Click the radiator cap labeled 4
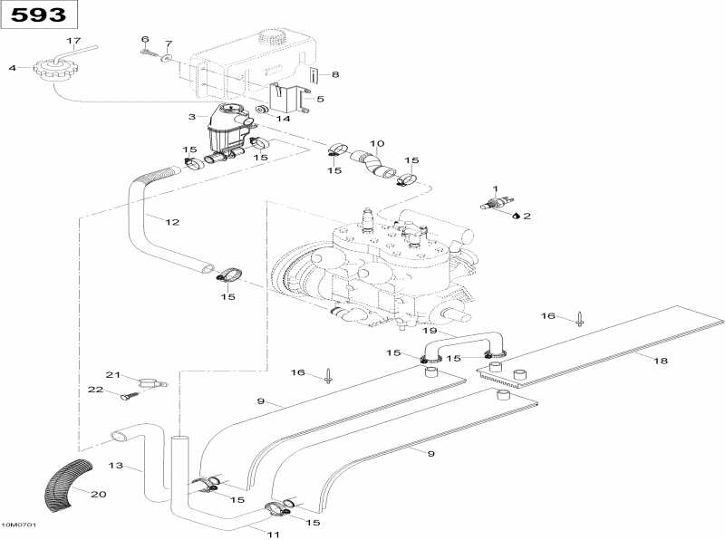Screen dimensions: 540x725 [51, 69]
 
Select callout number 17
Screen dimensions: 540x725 [74, 42]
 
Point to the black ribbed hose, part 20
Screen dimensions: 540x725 [69, 484]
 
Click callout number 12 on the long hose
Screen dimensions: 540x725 [172, 221]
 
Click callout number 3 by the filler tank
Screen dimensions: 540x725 [191, 117]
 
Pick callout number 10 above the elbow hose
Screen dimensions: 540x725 [377, 144]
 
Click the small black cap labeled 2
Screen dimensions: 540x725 [516, 216]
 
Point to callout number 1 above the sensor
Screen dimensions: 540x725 [495, 188]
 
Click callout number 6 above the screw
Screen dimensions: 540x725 [144, 39]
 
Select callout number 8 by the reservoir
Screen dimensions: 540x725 [334, 74]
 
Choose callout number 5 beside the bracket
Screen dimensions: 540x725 [319, 99]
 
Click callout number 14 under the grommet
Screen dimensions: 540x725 [284, 119]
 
